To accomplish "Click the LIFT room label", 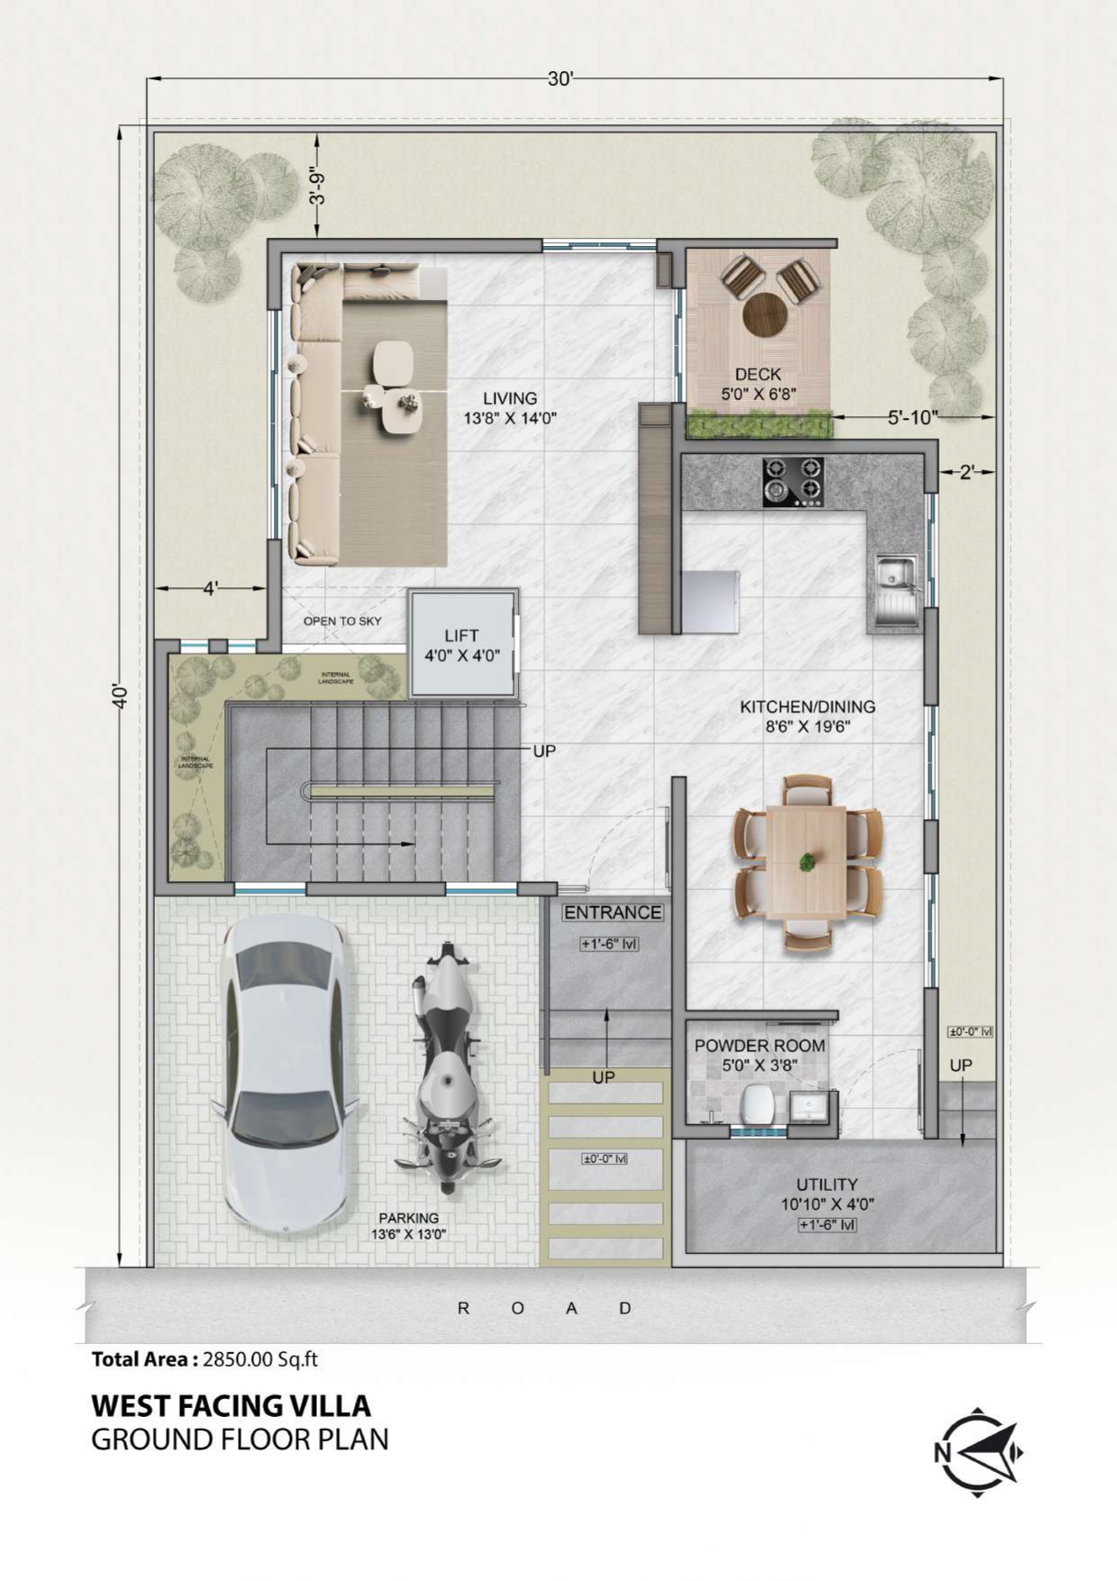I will click(x=461, y=636).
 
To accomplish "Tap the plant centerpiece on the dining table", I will click(x=806, y=862).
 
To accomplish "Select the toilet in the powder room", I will click(x=755, y=1104).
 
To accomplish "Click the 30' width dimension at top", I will click(x=559, y=79).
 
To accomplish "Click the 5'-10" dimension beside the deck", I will click(x=913, y=417).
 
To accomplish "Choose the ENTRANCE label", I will click(x=613, y=913).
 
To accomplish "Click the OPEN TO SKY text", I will click(x=342, y=621).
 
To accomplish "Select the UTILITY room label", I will click(x=826, y=1185).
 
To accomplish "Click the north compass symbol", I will click(x=978, y=1451).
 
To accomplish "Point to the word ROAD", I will click(x=544, y=1308).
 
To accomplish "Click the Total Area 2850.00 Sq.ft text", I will click(x=204, y=1359).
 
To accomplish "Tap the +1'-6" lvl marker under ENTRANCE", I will click(x=610, y=944).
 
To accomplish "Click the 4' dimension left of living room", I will click(x=210, y=588).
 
